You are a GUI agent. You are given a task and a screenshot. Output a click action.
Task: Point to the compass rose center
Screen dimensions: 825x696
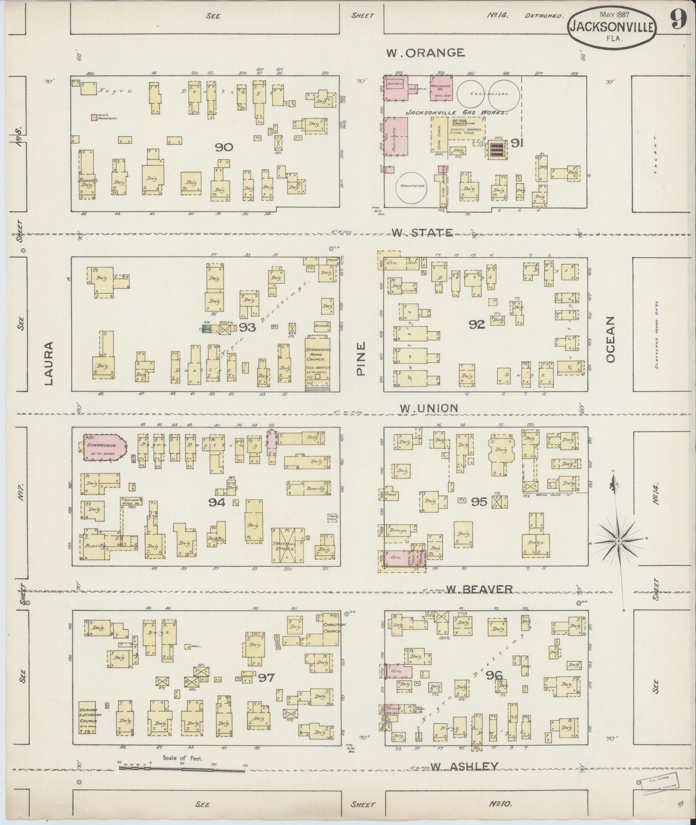tap(618, 541)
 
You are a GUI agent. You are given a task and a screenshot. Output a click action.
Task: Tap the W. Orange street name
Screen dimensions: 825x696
tap(425, 53)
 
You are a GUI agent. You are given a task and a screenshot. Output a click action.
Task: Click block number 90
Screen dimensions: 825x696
tap(224, 147)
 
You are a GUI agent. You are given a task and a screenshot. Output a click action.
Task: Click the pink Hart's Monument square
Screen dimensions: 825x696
tap(94, 117)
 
